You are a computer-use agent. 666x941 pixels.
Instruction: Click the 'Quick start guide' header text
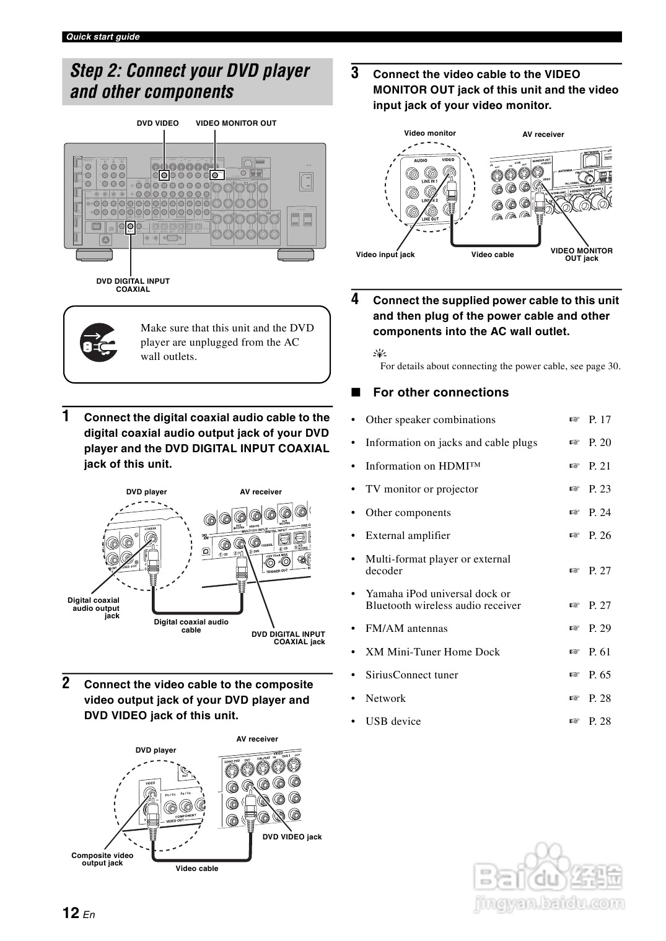[103, 37]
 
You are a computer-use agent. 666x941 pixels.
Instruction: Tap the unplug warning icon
[99, 343]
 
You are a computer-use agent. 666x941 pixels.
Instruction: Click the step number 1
[66, 416]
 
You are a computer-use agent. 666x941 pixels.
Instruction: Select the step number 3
[355, 73]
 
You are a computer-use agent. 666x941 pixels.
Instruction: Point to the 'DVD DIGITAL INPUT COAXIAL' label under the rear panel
[133, 285]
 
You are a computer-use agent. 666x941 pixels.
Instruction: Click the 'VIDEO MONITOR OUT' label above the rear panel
[236, 123]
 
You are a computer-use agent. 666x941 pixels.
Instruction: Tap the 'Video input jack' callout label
[385, 255]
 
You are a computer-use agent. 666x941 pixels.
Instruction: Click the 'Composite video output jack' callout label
[102, 859]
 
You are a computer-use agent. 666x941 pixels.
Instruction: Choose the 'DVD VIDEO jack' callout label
[292, 837]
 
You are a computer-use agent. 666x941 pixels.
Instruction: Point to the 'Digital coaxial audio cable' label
[191, 626]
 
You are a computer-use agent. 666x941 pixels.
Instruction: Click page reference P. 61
[599, 652]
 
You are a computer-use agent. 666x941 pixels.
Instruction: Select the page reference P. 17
[599, 419]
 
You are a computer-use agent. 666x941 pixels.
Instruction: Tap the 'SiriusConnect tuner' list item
[411, 675]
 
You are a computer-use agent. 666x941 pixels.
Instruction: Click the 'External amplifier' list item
[408, 535]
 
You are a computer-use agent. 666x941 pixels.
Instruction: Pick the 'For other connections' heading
[440, 392]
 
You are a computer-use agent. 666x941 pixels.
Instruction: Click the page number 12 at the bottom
[71, 913]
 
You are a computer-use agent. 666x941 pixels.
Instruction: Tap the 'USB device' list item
[393, 721]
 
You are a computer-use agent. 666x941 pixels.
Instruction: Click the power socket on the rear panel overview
[306, 182]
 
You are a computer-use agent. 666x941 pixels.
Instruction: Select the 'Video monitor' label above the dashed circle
[429, 133]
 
